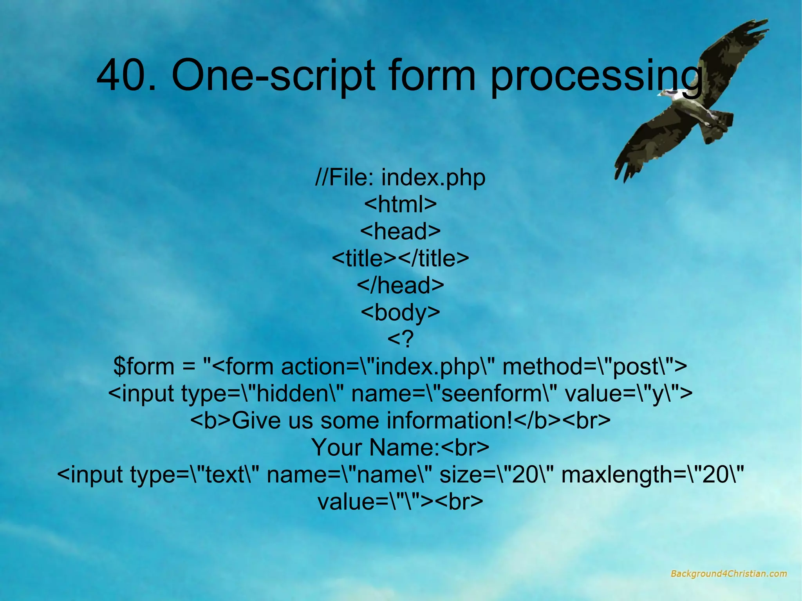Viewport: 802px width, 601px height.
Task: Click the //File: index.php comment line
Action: pos(400,177)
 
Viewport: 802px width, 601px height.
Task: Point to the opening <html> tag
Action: pos(400,204)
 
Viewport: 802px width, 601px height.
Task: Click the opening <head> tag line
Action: pos(400,231)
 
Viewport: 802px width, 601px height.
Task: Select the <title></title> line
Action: pos(400,258)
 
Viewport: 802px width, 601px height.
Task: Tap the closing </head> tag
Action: pos(400,285)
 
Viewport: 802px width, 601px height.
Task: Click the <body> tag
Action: pos(400,312)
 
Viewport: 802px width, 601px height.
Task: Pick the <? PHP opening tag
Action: pos(400,339)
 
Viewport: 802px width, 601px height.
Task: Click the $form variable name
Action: pos(143,366)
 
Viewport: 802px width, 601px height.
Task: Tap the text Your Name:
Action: pos(375,447)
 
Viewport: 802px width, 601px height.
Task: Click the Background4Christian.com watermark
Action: pos(728,574)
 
